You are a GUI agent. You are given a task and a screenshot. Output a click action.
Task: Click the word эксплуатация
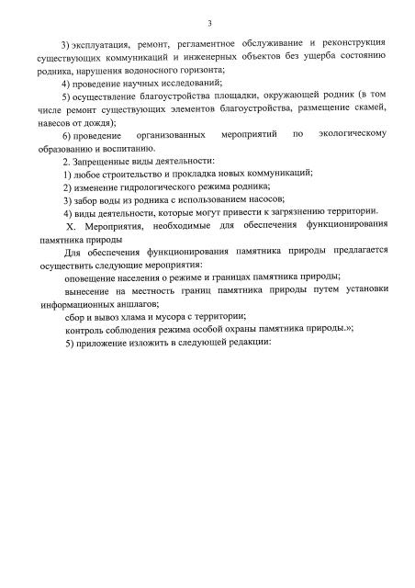click(100, 44)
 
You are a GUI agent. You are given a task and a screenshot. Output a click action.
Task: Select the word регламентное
click(215, 44)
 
